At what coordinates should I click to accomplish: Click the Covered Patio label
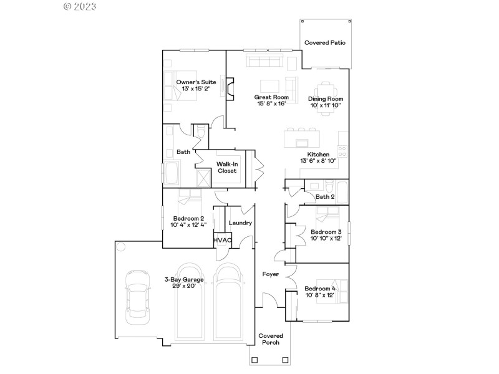point(325,43)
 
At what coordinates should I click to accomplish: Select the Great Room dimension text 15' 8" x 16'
point(271,104)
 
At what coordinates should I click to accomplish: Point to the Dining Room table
point(325,86)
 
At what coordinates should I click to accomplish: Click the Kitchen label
point(318,154)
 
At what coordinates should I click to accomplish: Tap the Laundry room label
point(240,223)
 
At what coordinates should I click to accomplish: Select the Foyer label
point(270,274)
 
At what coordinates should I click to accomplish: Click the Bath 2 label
point(325,197)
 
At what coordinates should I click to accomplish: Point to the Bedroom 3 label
point(326,232)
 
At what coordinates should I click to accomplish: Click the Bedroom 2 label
point(189,218)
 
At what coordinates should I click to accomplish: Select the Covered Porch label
point(269,339)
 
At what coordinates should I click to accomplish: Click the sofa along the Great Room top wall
point(264,60)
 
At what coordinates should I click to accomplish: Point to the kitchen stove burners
point(342,150)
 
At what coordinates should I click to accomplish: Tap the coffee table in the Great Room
point(269,85)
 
